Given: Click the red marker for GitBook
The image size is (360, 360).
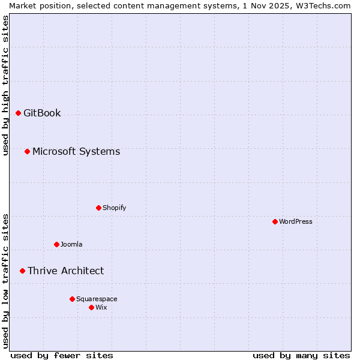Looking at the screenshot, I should (18, 113).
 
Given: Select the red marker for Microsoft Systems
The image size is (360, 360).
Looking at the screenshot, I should (27, 151).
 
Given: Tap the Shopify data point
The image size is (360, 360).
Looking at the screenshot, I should (98, 208).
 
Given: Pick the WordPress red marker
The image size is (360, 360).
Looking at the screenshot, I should (275, 221).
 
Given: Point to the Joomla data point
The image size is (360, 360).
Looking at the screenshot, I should (56, 244).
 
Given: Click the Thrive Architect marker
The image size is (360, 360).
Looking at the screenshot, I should (22, 271).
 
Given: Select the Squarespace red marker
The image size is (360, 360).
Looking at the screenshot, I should (72, 299).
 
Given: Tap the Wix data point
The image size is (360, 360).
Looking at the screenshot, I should (91, 307).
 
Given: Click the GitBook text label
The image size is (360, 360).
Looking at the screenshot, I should (42, 113).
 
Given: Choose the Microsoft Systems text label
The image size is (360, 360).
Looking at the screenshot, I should (76, 151).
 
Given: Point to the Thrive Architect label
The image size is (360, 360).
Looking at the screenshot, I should (65, 271).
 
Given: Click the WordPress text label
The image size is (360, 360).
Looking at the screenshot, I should (296, 221).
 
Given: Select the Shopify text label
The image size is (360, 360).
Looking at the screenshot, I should (114, 208).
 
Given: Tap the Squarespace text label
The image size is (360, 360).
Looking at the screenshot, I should (97, 299).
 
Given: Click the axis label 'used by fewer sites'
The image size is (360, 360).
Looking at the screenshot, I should (62, 355).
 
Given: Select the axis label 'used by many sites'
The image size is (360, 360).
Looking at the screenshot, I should (301, 355).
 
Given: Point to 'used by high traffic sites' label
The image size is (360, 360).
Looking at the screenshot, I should (5, 85).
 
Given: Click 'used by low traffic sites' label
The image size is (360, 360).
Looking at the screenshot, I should (5, 281).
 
